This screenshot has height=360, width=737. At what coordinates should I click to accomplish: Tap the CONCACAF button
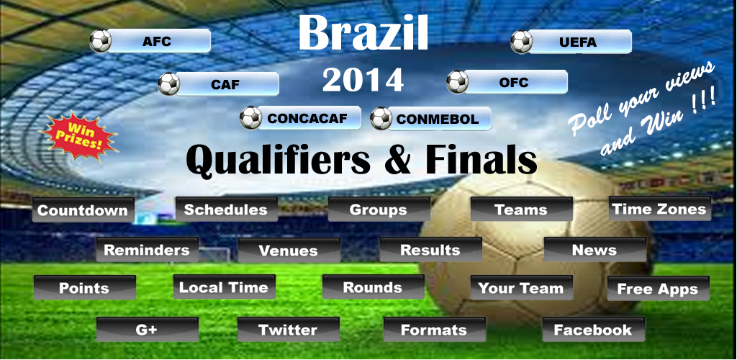pyautogui.click(x=307, y=118)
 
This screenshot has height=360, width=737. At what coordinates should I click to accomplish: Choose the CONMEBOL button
pyautogui.click(x=438, y=119)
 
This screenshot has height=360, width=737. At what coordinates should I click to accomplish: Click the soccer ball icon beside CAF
pyautogui.click(x=168, y=84)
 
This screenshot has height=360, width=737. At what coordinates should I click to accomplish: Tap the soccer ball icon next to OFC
pyautogui.click(x=457, y=82)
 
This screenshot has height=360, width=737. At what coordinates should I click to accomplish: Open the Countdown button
pyautogui.click(x=83, y=210)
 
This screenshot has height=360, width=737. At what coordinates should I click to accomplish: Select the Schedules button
pyautogui.click(x=226, y=209)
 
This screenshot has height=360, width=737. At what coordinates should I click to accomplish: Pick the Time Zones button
pyautogui.click(x=660, y=209)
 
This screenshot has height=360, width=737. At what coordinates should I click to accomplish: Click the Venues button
pyautogui.click(x=289, y=250)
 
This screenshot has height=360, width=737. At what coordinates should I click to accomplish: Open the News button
pyautogui.click(x=595, y=250)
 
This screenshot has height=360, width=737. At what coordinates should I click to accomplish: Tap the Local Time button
pyautogui.click(x=225, y=287)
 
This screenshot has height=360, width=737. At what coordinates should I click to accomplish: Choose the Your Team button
pyautogui.click(x=522, y=287)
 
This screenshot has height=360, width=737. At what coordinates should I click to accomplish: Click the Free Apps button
pyautogui.click(x=658, y=289)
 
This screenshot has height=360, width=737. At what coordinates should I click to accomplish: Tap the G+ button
pyautogui.click(x=148, y=330)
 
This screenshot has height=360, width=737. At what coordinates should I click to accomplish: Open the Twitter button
pyautogui.click(x=289, y=330)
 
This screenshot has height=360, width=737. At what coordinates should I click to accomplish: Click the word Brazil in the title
pyautogui.click(x=363, y=32)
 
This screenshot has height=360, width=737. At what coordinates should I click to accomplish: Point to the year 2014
pyautogui.click(x=363, y=80)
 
